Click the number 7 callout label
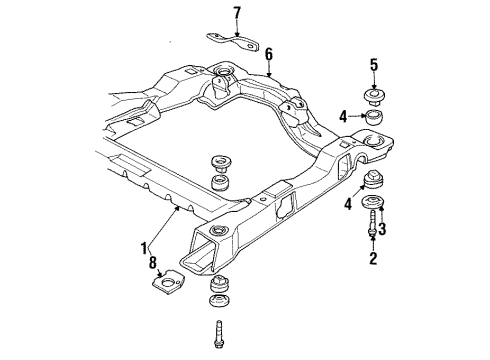[x=237, y=13]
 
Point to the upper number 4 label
[x=343, y=116]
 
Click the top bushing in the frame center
[x=218, y=162]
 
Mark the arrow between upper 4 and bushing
[x=357, y=116]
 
